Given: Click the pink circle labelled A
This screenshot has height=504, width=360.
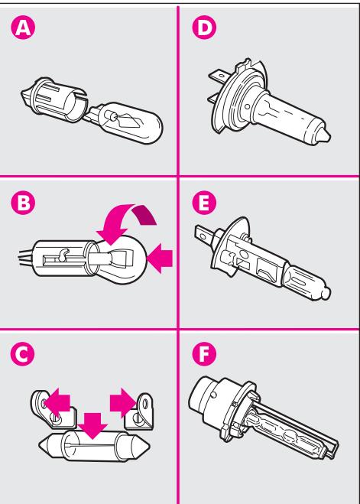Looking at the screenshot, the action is coord(23,28).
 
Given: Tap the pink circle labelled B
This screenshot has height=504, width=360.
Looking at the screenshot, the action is coord(23,203).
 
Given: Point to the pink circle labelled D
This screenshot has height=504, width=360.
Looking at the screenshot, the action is coord(204,28).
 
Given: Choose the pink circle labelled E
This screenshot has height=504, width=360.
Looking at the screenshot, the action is coord(204,203).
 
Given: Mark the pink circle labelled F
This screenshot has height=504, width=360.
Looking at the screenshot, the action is coord(204,353).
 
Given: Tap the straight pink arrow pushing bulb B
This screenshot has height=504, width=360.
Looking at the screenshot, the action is coord(160,258).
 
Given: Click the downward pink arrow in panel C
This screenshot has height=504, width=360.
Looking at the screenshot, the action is coord(92,426).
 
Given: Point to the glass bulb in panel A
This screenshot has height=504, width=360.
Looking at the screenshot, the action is coord(131,123).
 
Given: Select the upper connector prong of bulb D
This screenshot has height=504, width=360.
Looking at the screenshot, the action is coord(218,76).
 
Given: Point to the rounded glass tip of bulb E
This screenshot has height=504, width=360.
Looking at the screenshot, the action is coord(325,292).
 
